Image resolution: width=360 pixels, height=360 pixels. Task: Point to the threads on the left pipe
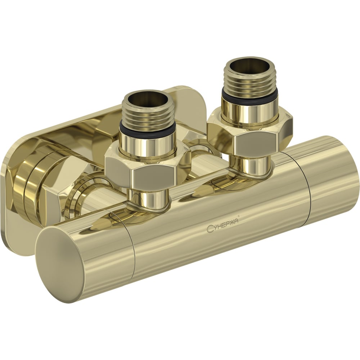pyautogui.click(x=147, y=112)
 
